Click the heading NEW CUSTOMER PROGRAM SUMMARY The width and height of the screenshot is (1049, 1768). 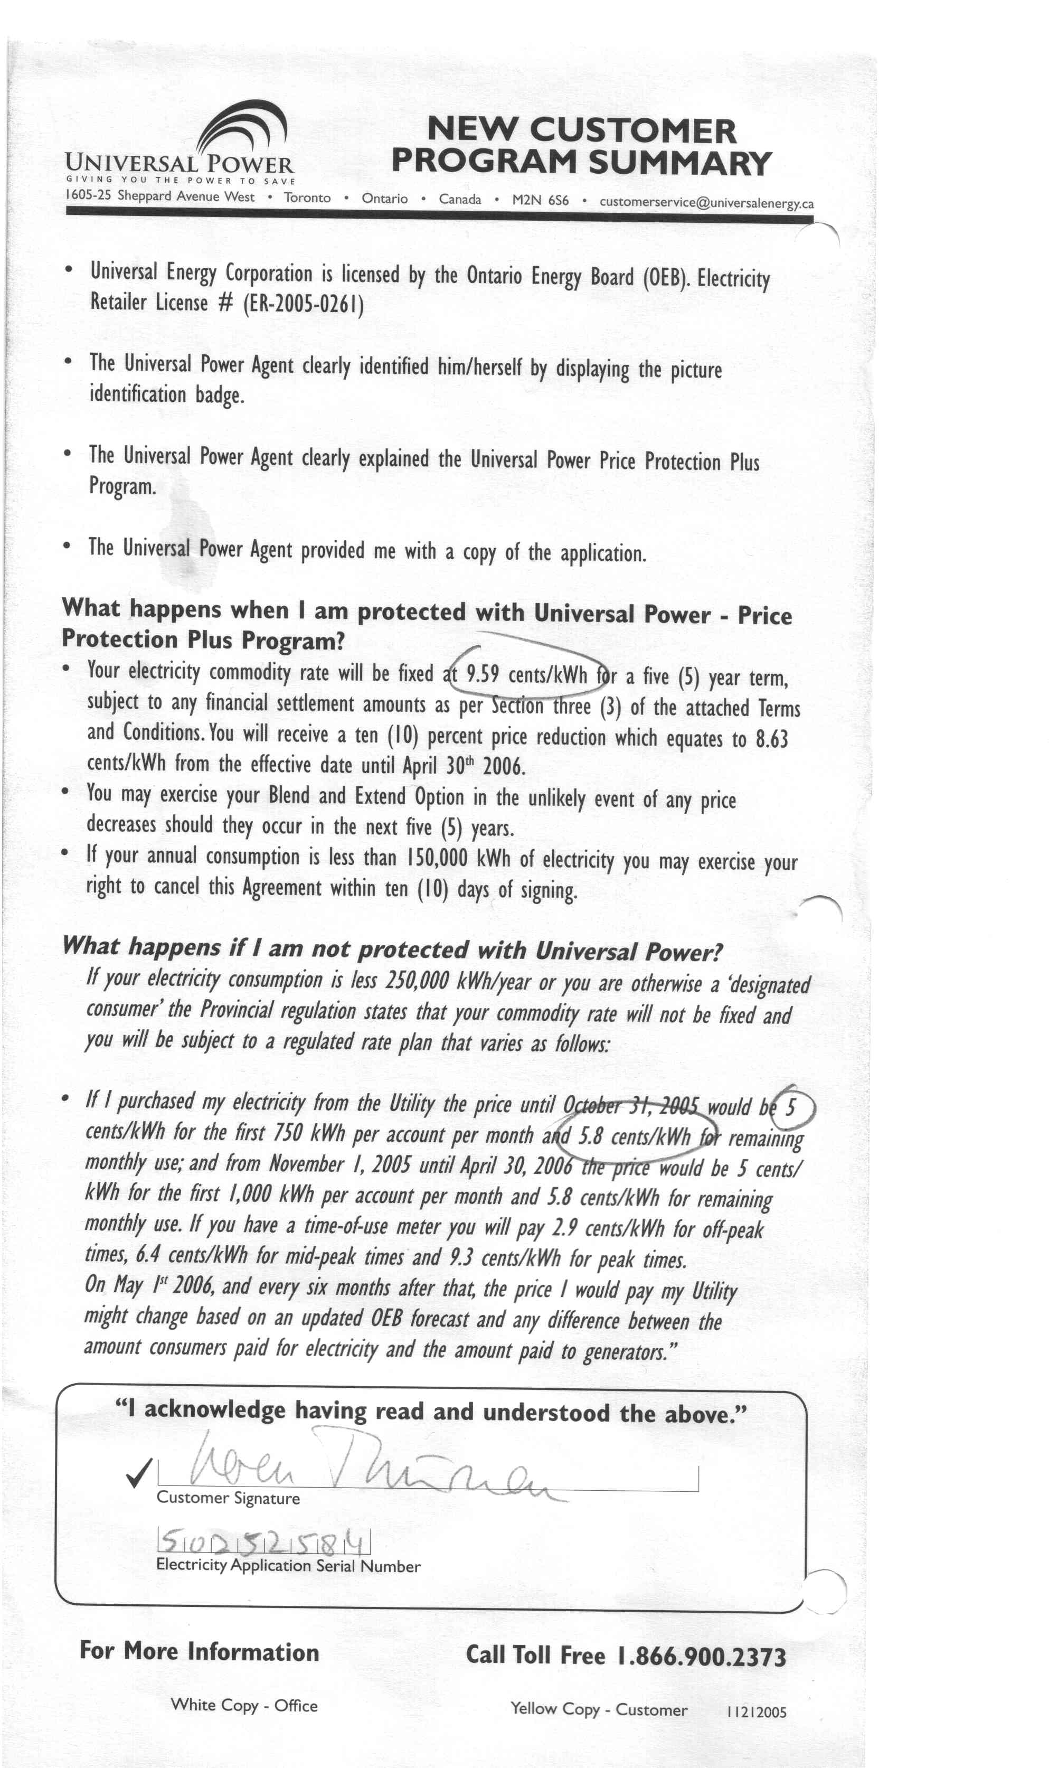coord(581,146)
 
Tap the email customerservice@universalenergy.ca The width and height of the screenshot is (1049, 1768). coord(706,202)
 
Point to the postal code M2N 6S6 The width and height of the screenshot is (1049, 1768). coord(540,200)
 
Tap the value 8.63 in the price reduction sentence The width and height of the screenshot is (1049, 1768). coord(771,739)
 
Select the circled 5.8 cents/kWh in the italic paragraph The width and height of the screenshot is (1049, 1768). coord(634,1136)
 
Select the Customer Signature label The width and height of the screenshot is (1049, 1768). coord(228,1499)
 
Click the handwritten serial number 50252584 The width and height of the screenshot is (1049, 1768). coord(263,1542)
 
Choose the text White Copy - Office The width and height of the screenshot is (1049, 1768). coord(244,1705)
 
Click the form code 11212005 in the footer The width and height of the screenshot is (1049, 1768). coord(755,1712)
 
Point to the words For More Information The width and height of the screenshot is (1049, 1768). coord(200,1651)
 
